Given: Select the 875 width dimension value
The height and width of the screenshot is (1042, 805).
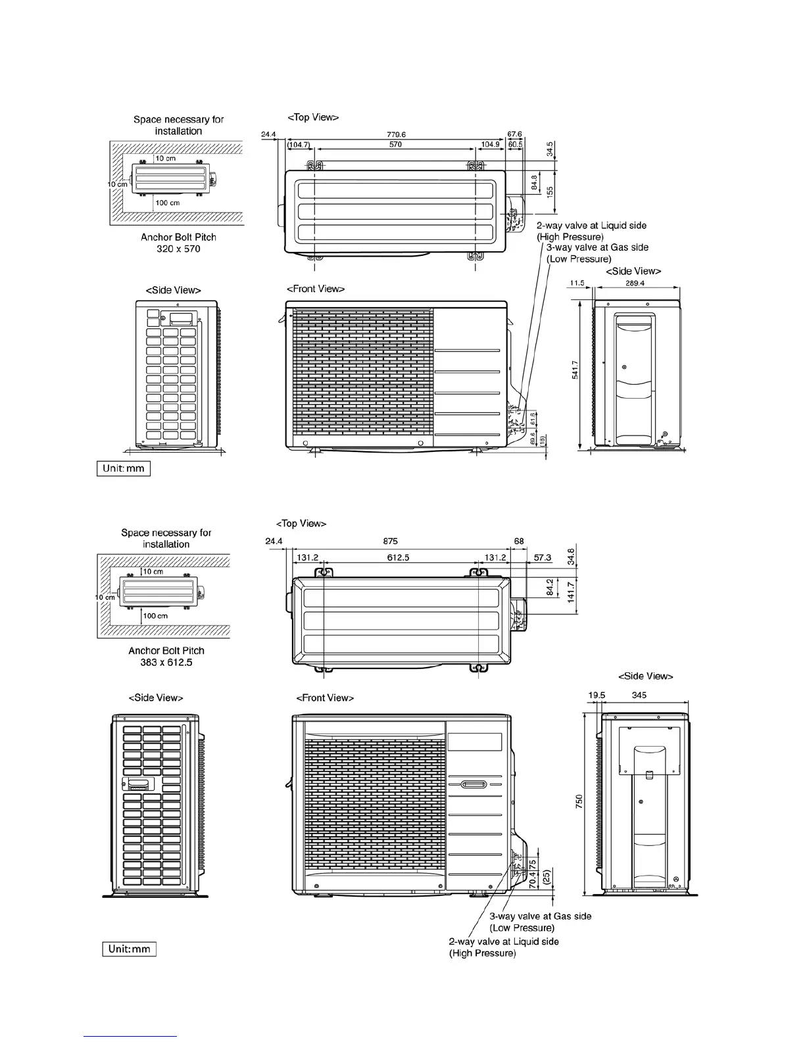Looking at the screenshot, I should (390, 541).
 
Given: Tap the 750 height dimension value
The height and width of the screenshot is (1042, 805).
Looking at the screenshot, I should (579, 802).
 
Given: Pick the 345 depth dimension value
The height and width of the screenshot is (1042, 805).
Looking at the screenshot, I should (639, 695).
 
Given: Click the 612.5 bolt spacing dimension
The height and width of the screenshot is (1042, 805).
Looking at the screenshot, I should (399, 557).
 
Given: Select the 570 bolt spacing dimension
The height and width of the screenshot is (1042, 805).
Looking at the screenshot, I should (395, 144).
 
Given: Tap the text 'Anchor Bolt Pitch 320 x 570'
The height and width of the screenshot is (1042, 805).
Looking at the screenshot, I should (178, 243).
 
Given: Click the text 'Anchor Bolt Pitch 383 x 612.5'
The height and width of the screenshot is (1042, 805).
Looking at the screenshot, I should (166, 656).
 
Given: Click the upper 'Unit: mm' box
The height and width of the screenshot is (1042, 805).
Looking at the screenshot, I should (124, 469).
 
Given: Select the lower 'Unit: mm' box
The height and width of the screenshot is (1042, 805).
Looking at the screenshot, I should (129, 949).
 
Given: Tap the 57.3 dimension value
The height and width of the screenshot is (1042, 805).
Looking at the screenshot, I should (543, 557).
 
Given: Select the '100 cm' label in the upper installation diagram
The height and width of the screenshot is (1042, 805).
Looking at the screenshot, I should (168, 203).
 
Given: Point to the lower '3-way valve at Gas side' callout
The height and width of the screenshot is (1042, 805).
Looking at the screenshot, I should (540, 922).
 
